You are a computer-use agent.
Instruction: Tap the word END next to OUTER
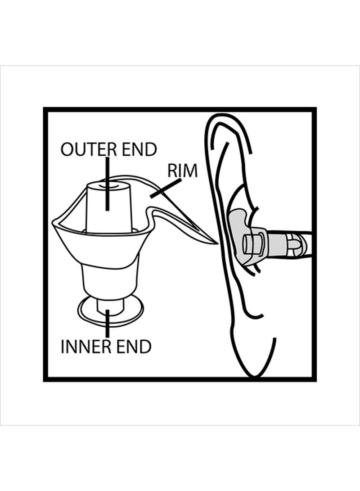[x=139, y=149]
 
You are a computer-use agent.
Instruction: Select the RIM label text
[x=183, y=171]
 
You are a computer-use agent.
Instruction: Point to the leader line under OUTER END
[x=108, y=184]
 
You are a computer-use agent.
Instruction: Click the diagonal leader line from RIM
[x=166, y=189]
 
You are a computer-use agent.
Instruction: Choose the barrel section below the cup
[x=109, y=280]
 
